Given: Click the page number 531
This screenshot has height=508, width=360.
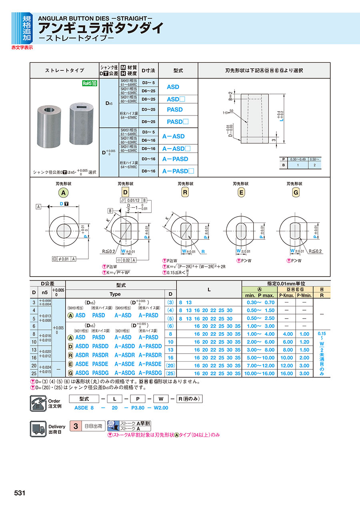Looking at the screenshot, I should (20, 493).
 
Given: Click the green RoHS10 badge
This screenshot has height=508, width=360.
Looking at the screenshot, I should (90, 83).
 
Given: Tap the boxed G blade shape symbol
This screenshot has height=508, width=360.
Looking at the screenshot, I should (296, 193).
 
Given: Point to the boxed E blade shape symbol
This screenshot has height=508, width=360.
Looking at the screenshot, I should (241, 193).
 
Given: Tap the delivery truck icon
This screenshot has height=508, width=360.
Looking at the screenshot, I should (39, 429).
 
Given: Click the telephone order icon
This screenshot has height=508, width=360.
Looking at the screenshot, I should (39, 403).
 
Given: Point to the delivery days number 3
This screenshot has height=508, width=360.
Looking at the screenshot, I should (75, 426).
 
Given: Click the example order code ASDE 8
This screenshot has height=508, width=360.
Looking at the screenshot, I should (84, 408).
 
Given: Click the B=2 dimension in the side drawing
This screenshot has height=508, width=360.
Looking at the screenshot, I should (231, 96).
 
